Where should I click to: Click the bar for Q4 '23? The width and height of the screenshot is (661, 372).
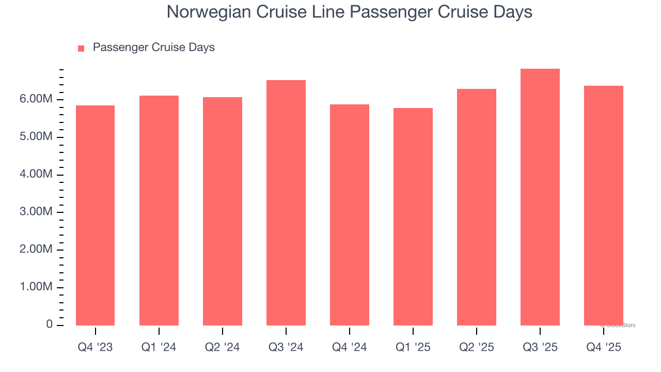(95, 215)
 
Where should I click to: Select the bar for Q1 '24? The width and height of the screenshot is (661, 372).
(159, 210)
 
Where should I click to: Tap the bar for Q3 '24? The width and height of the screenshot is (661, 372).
(286, 203)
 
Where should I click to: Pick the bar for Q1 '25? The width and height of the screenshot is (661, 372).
(413, 216)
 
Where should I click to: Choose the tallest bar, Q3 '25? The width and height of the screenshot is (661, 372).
(540, 197)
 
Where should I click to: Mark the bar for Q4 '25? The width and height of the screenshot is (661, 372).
(604, 206)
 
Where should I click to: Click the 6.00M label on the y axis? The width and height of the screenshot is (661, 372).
(36, 99)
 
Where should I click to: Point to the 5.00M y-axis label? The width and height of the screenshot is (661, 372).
(36, 137)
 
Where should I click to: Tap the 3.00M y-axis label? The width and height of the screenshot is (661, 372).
(36, 212)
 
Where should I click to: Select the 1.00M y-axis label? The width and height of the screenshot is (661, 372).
(36, 287)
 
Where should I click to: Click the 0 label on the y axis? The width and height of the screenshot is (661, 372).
(50, 324)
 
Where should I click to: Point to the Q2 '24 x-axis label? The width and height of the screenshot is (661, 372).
(223, 348)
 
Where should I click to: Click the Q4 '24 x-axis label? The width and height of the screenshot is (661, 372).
(350, 348)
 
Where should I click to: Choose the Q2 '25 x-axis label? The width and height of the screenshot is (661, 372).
(477, 348)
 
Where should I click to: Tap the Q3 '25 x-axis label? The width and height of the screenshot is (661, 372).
(540, 348)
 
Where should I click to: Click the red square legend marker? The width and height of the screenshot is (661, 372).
(81, 49)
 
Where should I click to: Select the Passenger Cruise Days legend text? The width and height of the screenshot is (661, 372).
(153, 48)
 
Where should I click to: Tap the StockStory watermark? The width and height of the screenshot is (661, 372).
(618, 326)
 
